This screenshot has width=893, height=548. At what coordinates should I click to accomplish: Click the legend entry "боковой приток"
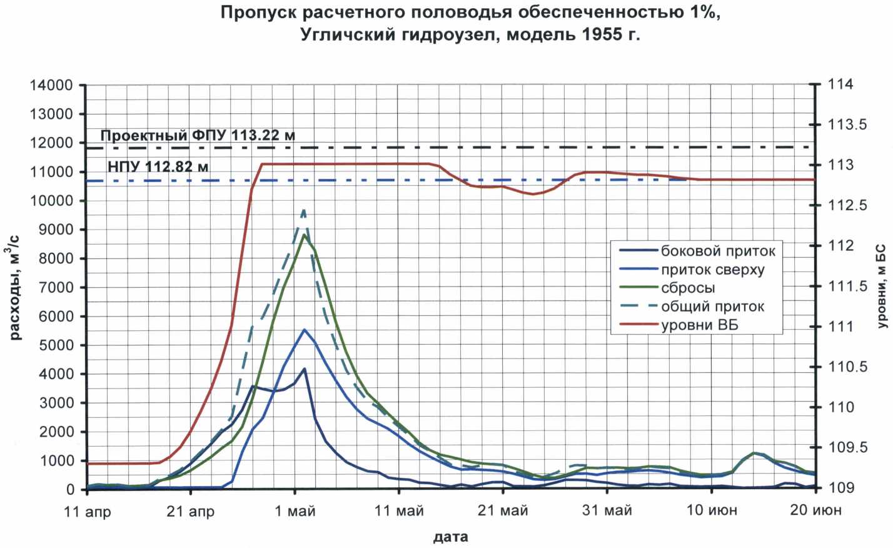pyautogui.click(x=718, y=251)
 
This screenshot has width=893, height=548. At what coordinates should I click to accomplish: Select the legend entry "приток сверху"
pyautogui.click(x=712, y=270)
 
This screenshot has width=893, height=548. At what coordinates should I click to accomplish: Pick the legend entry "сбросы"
pyautogui.click(x=688, y=288)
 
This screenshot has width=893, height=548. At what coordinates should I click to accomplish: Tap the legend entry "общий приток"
pyautogui.click(x=712, y=307)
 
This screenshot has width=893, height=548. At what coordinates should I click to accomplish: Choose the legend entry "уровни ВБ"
pyautogui.click(x=699, y=325)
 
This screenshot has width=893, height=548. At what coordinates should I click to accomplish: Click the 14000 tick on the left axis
pyautogui.click(x=52, y=86)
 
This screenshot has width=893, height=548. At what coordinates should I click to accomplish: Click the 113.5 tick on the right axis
pyautogui.click(x=847, y=125)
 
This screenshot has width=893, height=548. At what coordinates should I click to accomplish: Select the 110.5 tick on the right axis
pyautogui.click(x=847, y=367)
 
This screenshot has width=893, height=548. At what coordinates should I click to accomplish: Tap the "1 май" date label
pyautogui.click(x=295, y=512)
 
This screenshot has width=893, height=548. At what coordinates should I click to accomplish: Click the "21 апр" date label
pyautogui.click(x=191, y=512)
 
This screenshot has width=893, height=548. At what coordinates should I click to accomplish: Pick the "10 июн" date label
pyautogui.click(x=712, y=510)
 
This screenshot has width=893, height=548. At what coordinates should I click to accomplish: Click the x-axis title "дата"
pyautogui.click(x=450, y=537)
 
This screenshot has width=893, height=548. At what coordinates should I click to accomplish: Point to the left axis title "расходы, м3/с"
pyautogui.click(x=16, y=288)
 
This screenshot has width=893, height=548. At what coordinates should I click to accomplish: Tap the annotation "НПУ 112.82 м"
pyautogui.click(x=158, y=167)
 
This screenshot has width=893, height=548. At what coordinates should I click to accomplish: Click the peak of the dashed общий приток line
pyautogui.click(x=304, y=211)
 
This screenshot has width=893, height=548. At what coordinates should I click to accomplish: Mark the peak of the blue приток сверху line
pyautogui.click(x=305, y=330)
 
